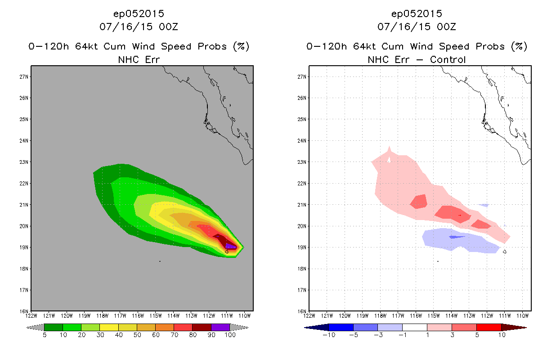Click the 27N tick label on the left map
coord(24,76)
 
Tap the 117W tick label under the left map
coord(120,316)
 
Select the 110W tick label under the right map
coord(522,316)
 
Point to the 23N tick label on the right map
coord(302,162)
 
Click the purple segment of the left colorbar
coord(220,327)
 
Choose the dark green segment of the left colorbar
coord(54,327)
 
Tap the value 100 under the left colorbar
coord(230,335)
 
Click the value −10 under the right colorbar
coord(329,335)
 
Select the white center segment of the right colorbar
coord(415,327)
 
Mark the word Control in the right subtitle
coord(448,59)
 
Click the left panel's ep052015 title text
coord(139,13)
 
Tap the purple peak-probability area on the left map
coord(231,246)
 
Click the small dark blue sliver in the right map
coord(456,237)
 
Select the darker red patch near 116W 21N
coord(419,202)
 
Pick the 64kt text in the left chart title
coord(87,46)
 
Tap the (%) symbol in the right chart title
coord(519,46)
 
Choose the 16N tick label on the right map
coord(302,311)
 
